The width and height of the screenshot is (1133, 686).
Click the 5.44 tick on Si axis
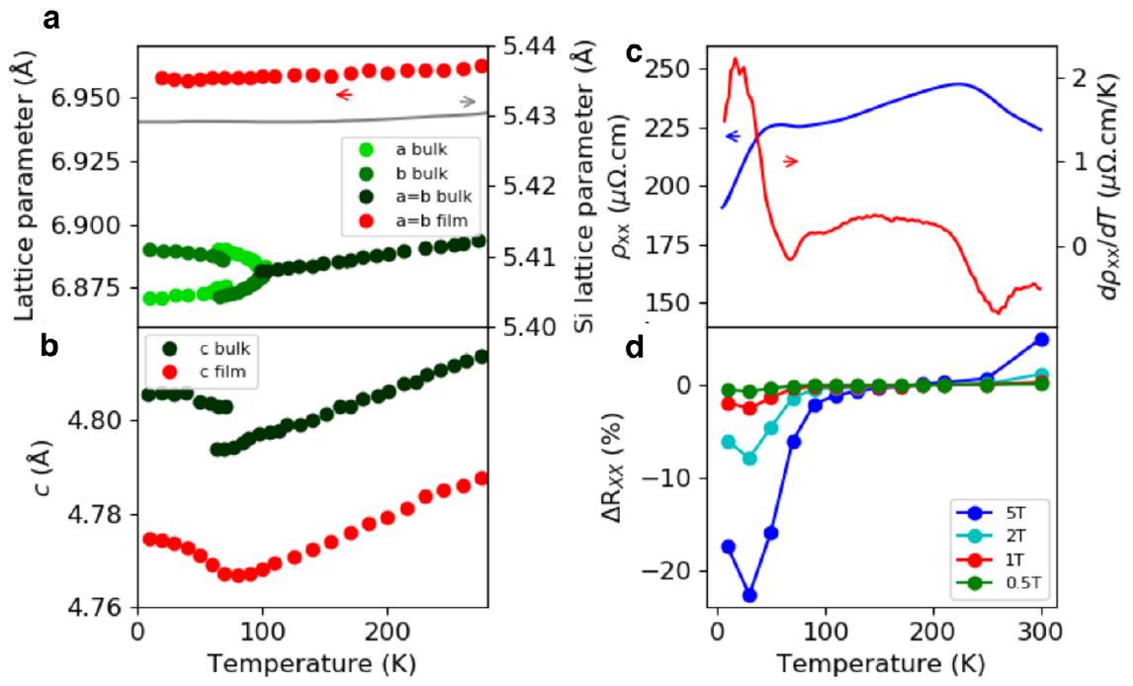[526, 46]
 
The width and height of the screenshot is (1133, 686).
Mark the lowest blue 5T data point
[749, 595]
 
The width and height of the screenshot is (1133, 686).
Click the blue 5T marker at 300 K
[1041, 339]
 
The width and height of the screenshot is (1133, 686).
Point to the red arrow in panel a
[344, 95]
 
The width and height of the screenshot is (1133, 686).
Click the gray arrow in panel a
[468, 102]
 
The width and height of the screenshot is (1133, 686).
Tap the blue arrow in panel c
[733, 136]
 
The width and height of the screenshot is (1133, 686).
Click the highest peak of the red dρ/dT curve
[735, 58]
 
